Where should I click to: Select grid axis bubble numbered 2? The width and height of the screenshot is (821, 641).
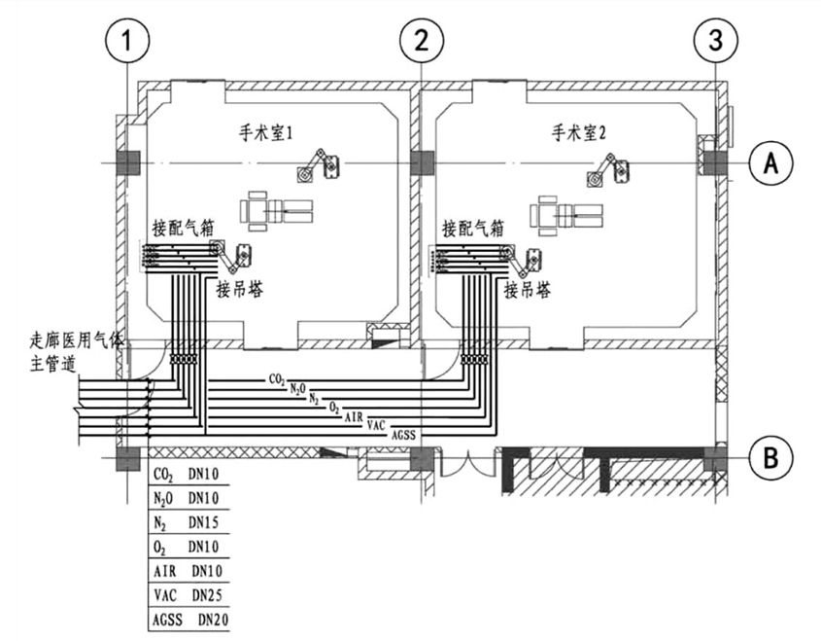coord(422,41)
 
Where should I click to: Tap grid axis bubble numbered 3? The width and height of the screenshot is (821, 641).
coord(715,41)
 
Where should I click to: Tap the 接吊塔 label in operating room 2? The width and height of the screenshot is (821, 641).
coord(530,288)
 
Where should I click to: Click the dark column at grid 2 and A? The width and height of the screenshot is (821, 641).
coord(422,162)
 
